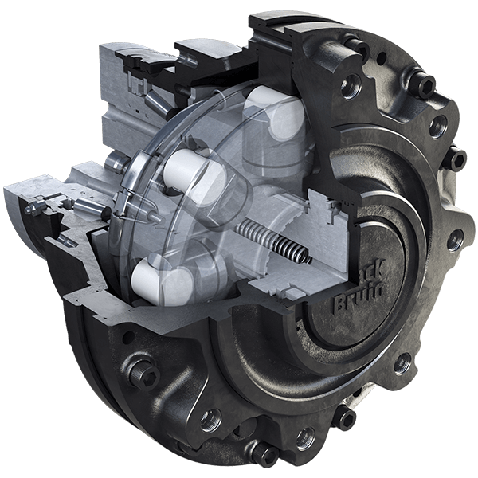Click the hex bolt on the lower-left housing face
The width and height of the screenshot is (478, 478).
145,371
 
